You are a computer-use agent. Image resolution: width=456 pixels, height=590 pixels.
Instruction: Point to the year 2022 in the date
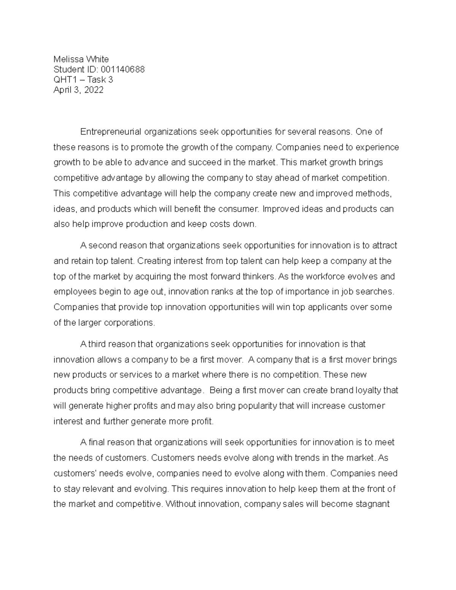pos(94,90)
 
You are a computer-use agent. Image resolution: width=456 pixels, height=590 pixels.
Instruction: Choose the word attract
pos(384,245)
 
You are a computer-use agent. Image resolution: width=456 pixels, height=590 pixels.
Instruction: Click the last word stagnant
pos(372,504)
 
